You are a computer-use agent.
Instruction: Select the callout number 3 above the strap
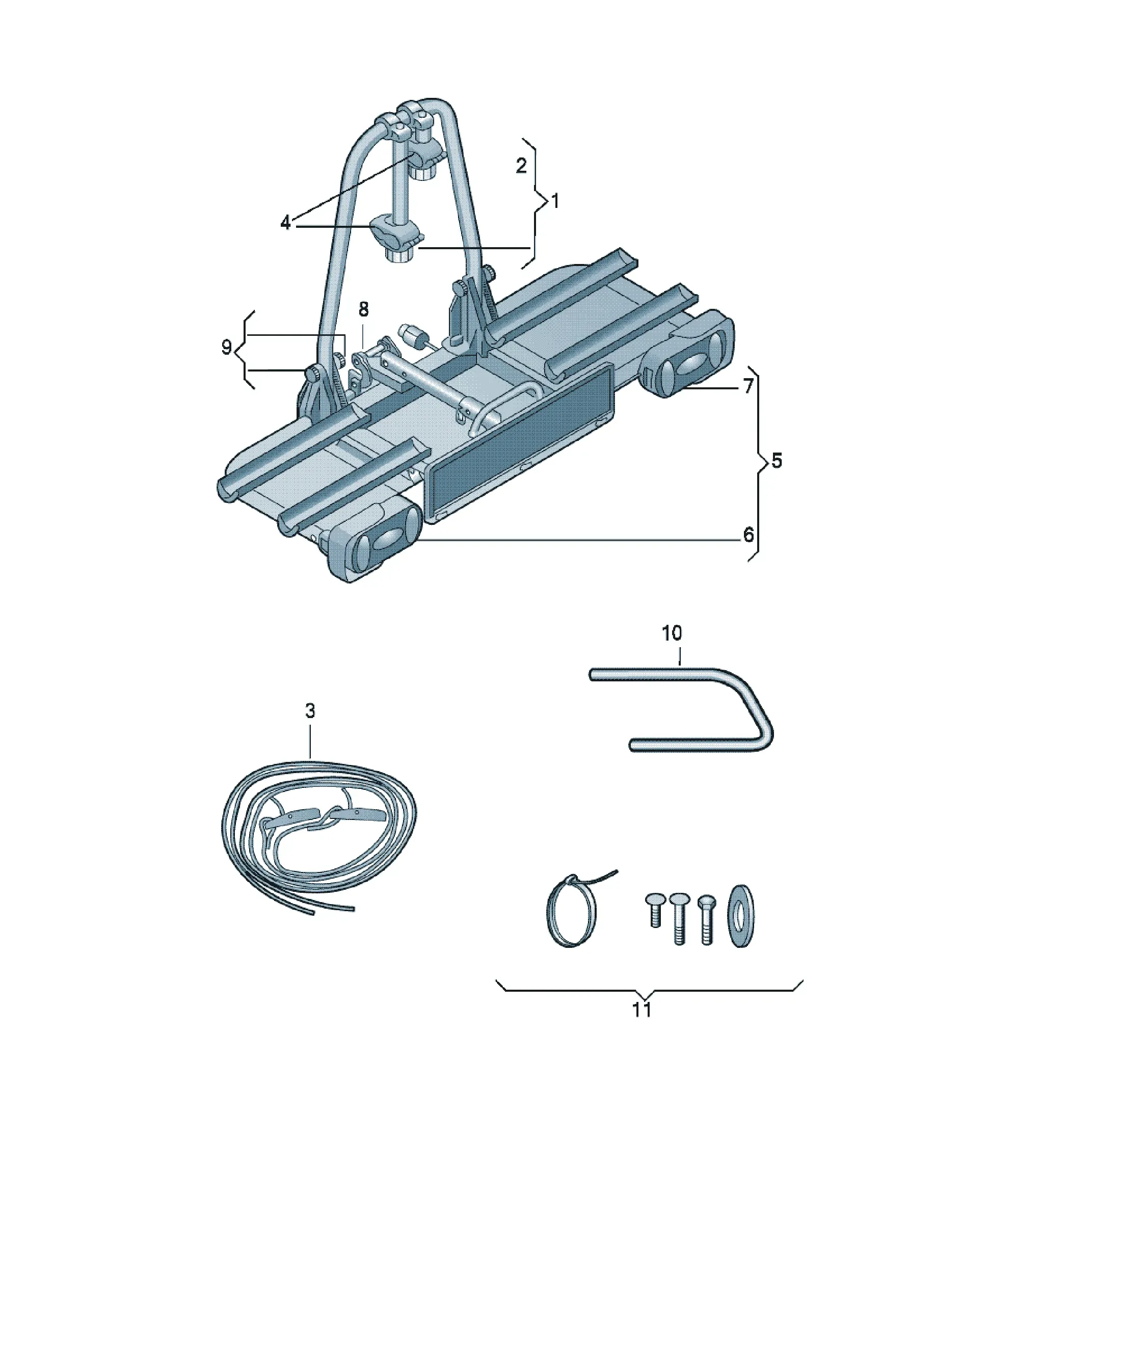pyautogui.click(x=310, y=711)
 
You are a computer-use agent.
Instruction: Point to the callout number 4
pyautogui.click(x=286, y=223)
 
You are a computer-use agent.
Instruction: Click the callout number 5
pyautogui.click(x=777, y=461)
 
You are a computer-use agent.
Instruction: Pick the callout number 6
pyautogui.click(x=748, y=535)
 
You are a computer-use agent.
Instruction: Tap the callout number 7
pyautogui.click(x=748, y=386)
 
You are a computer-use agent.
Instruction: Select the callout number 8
pyautogui.click(x=363, y=309)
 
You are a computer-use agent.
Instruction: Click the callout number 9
pyautogui.click(x=226, y=348)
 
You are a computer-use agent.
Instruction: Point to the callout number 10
pyautogui.click(x=672, y=633)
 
